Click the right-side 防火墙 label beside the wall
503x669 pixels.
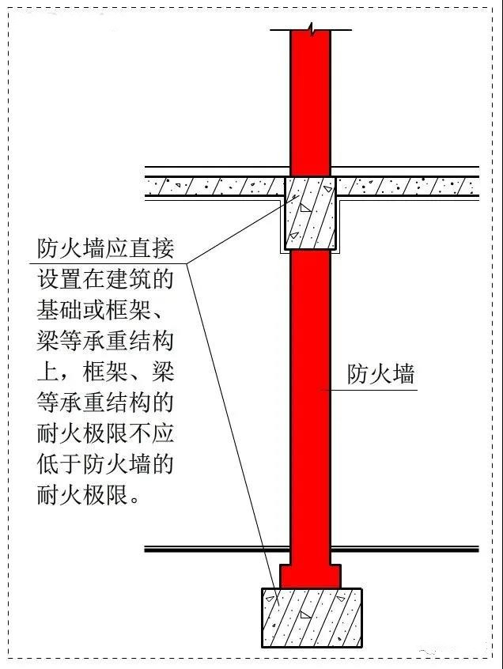coord(381,374)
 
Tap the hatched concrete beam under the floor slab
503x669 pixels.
coord(310,214)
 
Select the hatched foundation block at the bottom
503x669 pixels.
coord(312,618)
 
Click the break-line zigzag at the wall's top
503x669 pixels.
coord(312,30)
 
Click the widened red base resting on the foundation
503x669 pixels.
coord(311,576)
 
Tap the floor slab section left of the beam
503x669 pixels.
coord(214,187)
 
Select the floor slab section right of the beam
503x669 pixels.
coord(407,187)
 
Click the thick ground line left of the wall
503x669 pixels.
coord(217,549)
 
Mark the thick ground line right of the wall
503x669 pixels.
coord(405,549)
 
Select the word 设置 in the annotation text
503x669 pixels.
coord(59,279)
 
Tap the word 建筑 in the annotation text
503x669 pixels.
coord(128,279)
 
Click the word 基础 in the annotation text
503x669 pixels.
coord(59,310)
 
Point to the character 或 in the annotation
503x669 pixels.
coord(94,310)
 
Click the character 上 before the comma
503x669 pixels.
coord(47,372)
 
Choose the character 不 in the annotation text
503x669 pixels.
coord(140,433)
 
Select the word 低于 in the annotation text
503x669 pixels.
coord(59,464)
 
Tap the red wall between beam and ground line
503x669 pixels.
coord(311,398)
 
